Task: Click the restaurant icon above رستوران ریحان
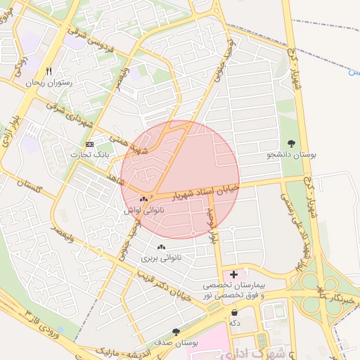point(49,71)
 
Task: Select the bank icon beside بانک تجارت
point(89,144)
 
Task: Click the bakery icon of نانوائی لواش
point(143,200)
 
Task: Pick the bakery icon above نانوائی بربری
point(162,247)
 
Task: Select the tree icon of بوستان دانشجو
point(292,143)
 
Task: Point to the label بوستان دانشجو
point(291,153)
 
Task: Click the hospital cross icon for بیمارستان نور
point(234,273)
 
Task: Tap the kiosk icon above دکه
point(233,311)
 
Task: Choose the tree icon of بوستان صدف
point(176,331)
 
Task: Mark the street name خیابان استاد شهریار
point(205,188)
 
